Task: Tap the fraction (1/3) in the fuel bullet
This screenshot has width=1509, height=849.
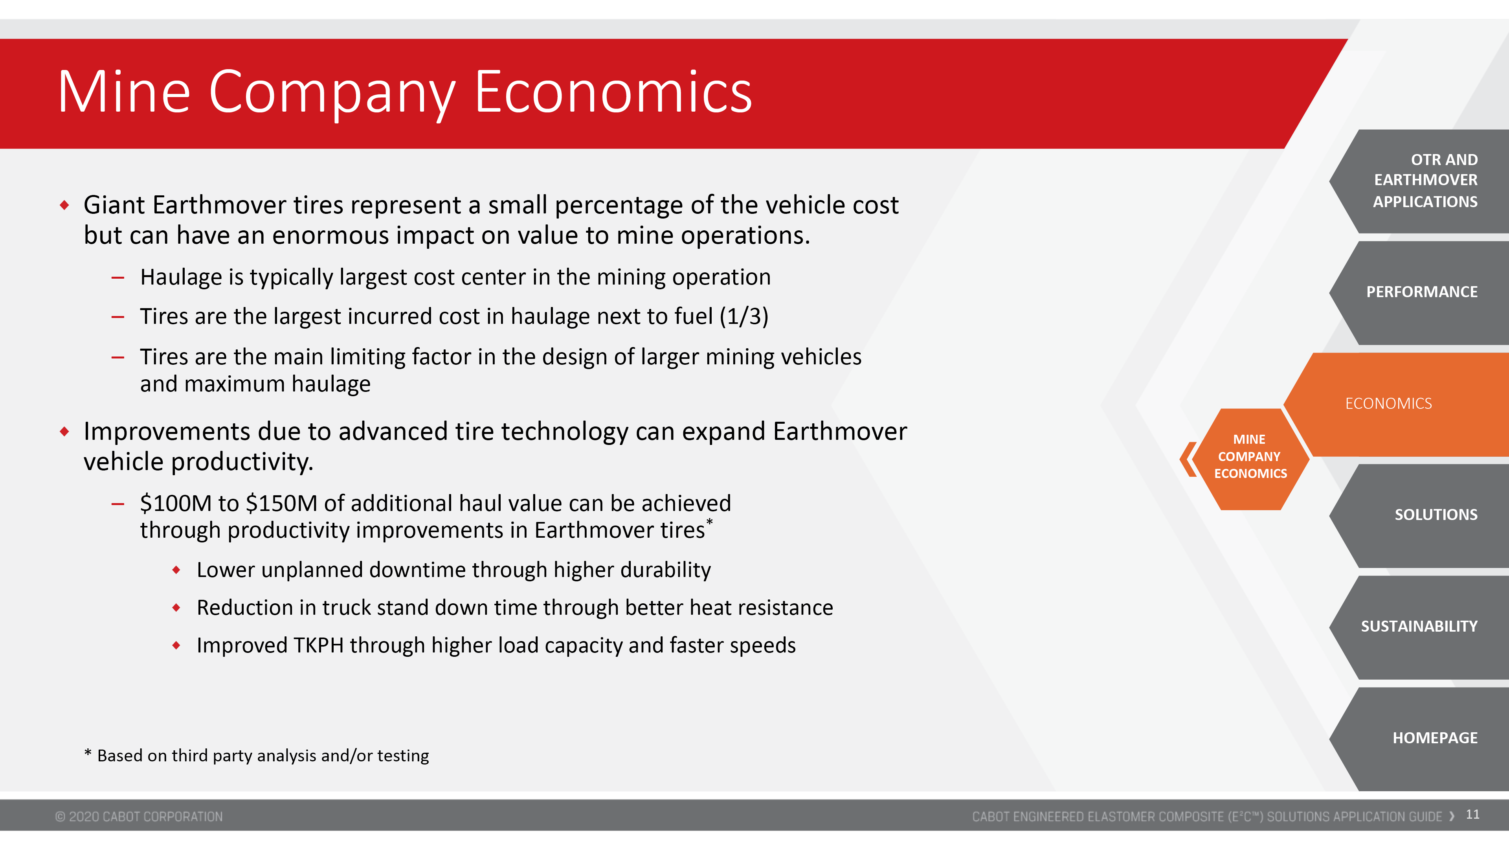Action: [x=744, y=316]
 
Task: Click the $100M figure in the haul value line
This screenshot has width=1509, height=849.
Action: [x=176, y=503]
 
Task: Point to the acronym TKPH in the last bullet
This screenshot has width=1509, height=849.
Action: [x=319, y=645]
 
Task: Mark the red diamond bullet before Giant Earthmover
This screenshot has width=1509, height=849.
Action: [x=64, y=205]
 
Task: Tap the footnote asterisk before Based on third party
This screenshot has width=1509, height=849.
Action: [x=88, y=752]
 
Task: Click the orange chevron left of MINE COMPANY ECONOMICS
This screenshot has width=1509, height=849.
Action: [x=1188, y=459]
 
